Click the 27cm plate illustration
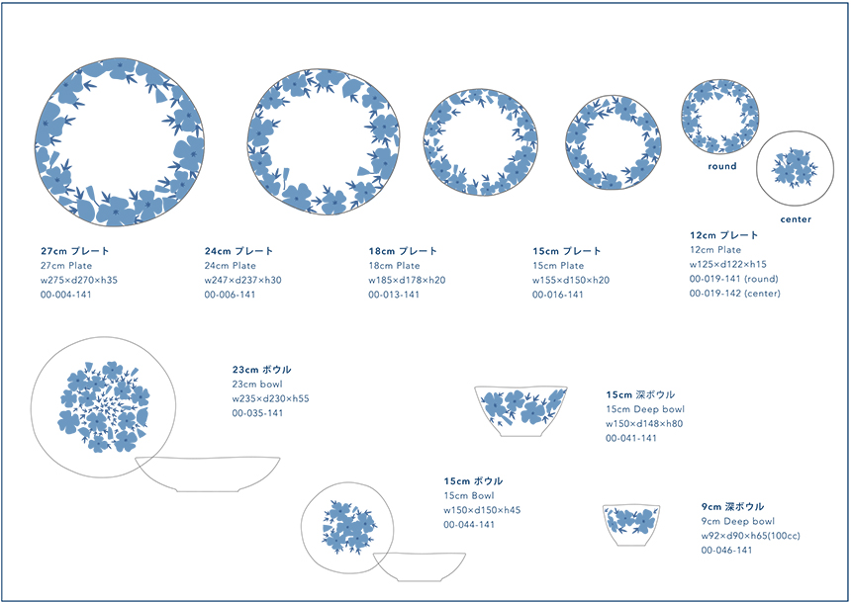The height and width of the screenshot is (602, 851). (x=120, y=142)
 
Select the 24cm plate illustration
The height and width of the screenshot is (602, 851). (x=324, y=141)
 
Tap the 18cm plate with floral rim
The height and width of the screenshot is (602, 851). (x=480, y=142)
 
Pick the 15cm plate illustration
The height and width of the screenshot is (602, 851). (x=614, y=142)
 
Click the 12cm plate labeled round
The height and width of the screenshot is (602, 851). (x=720, y=117)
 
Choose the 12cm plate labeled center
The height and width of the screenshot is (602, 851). (x=796, y=169)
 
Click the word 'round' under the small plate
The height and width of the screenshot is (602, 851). (x=721, y=166)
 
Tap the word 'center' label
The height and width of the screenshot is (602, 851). (x=796, y=219)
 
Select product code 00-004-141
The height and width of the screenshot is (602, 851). (x=65, y=295)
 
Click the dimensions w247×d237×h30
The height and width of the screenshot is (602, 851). (x=242, y=280)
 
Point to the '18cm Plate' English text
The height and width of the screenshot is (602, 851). (x=394, y=266)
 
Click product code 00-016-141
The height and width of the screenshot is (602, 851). (x=557, y=295)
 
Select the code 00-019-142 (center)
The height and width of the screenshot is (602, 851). (x=735, y=294)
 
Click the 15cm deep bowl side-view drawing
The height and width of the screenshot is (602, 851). (x=520, y=410)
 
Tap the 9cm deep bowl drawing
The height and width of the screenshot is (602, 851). (x=631, y=525)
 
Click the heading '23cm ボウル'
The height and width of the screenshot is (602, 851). (x=261, y=370)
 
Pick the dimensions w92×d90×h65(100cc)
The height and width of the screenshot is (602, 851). (x=750, y=536)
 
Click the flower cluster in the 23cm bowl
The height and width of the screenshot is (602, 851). (x=103, y=406)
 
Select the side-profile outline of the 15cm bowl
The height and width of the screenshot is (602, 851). (x=420, y=566)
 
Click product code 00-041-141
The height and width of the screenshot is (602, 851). (x=631, y=438)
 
